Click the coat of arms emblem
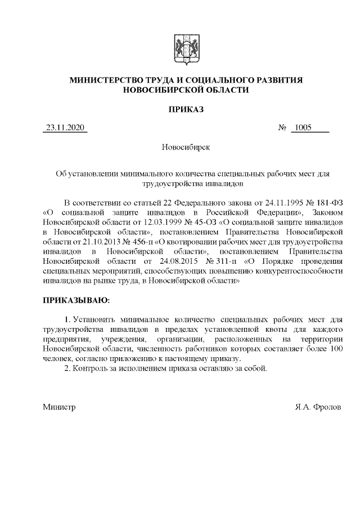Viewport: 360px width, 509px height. pos(180,47)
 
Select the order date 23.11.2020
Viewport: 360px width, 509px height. pos(66,128)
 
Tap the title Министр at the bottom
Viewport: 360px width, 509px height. pos(59,406)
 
